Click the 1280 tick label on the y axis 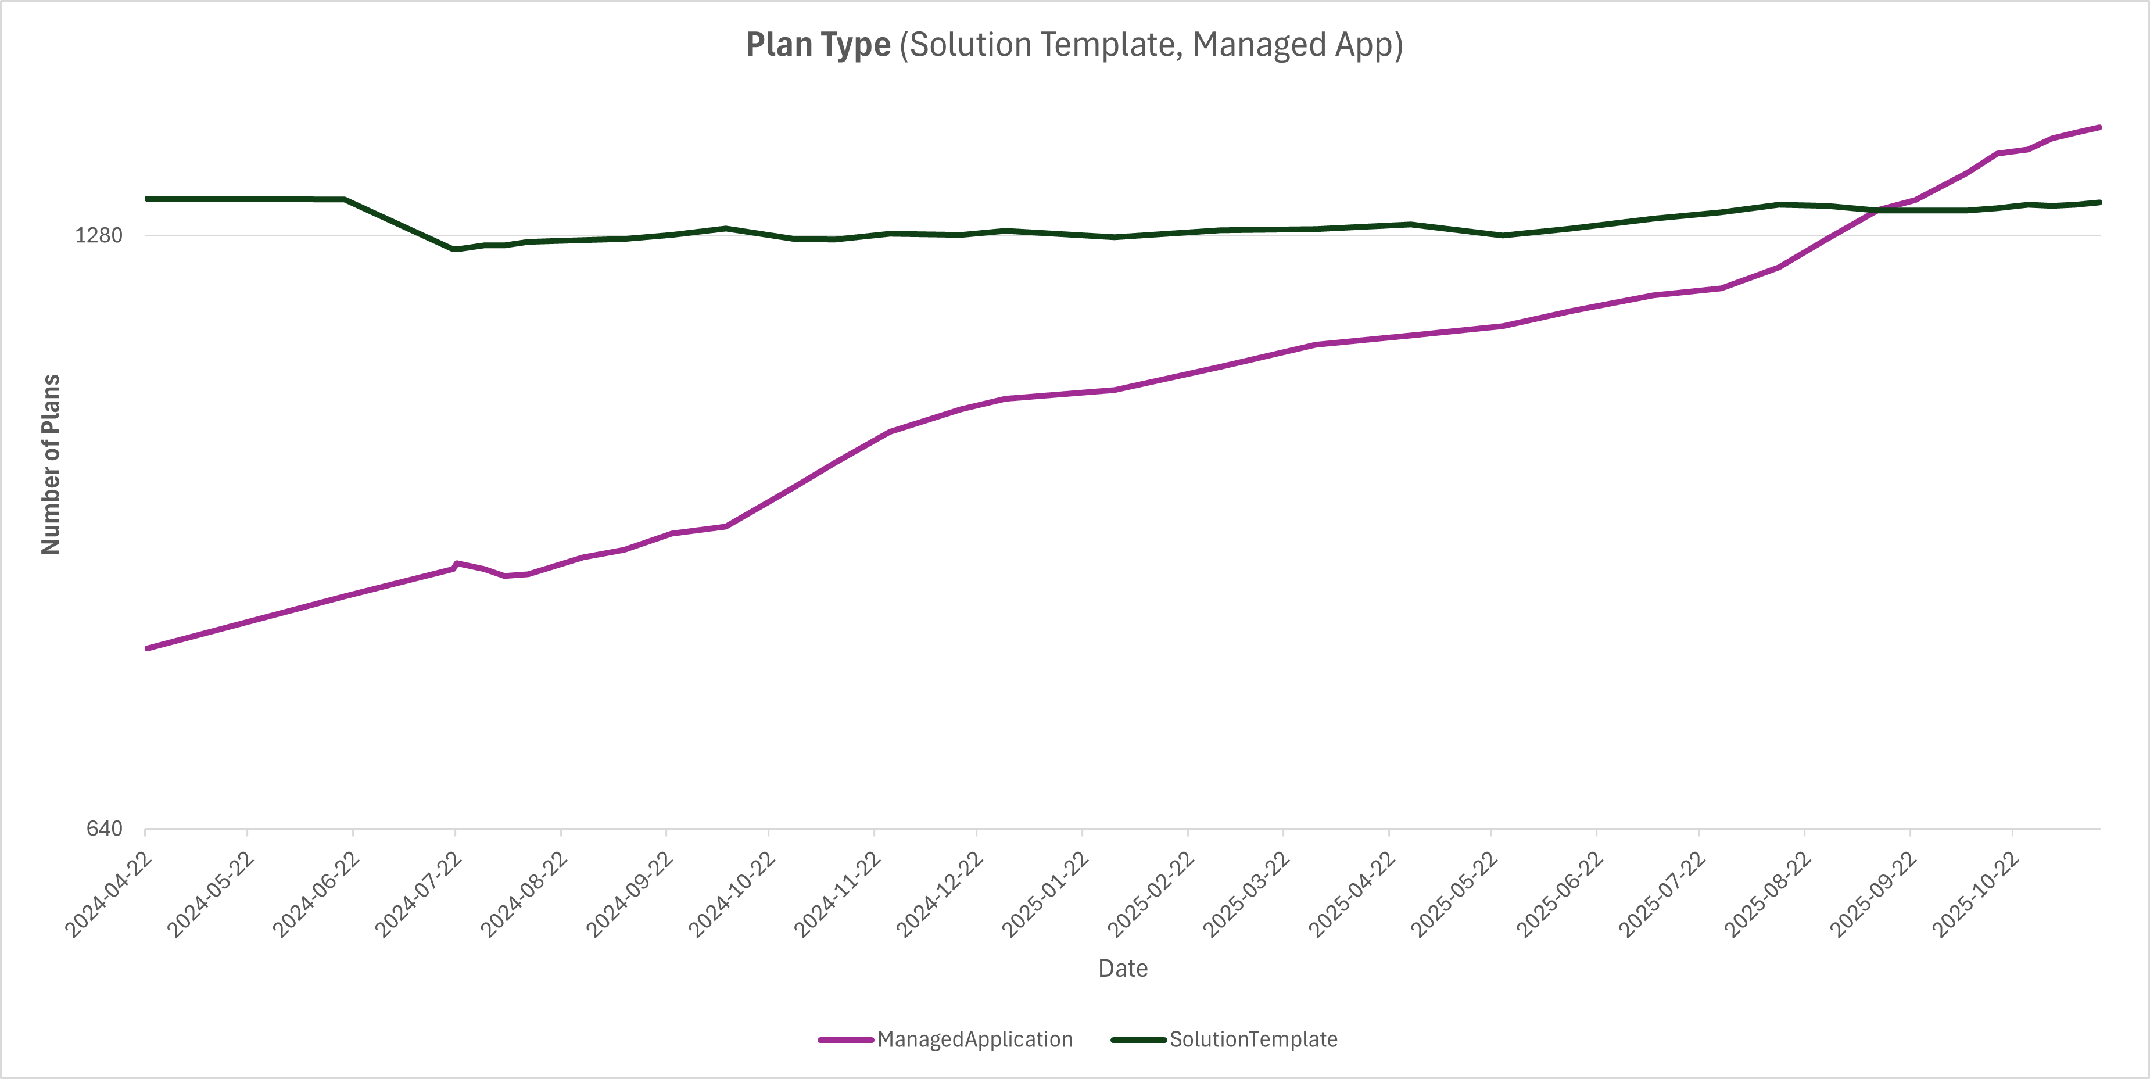pos(98,235)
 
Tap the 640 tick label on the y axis pos(105,829)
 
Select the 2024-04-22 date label pos(109,895)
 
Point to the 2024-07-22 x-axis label pos(418,895)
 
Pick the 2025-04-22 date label pos(1352,895)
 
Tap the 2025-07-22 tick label pos(1662,895)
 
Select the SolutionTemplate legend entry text pos(1253,1039)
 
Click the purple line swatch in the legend pos(845,1039)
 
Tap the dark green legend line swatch pos(1138,1039)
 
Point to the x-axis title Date pos(1123,969)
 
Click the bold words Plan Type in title pos(818,45)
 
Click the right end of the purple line pos(2099,128)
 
